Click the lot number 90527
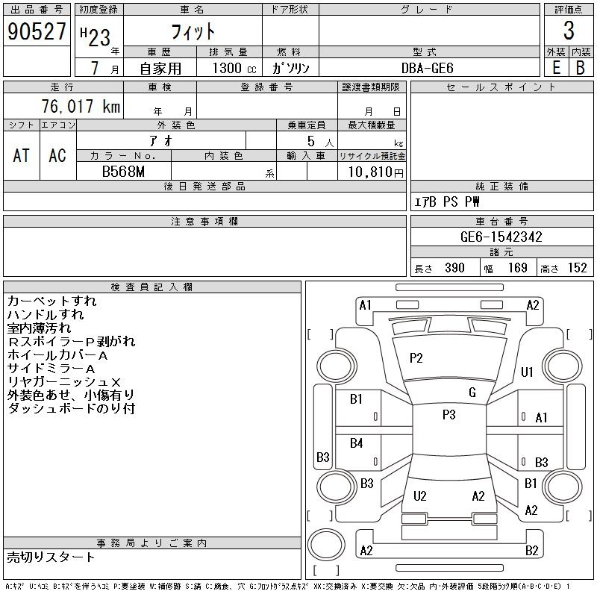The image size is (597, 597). (36, 31)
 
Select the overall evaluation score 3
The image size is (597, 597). (569, 31)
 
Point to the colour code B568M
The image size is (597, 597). (123, 171)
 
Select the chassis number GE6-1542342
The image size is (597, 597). (501, 237)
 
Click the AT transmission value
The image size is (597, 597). (21, 155)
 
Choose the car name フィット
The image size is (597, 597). (193, 31)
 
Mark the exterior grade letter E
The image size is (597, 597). (556, 67)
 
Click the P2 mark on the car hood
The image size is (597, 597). (416, 358)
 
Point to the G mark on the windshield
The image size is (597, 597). (472, 393)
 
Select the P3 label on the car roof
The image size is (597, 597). (448, 415)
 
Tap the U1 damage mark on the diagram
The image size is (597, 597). (528, 372)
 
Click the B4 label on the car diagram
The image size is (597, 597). (357, 444)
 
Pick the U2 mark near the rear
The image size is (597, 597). (420, 496)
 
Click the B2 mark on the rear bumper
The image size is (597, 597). (531, 551)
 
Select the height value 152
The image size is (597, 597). (577, 268)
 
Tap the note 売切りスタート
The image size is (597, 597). (51, 557)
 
